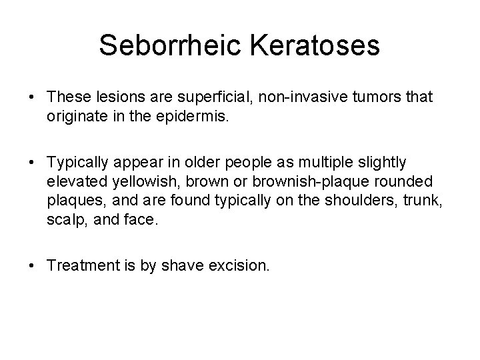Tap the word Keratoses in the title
point(313,45)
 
